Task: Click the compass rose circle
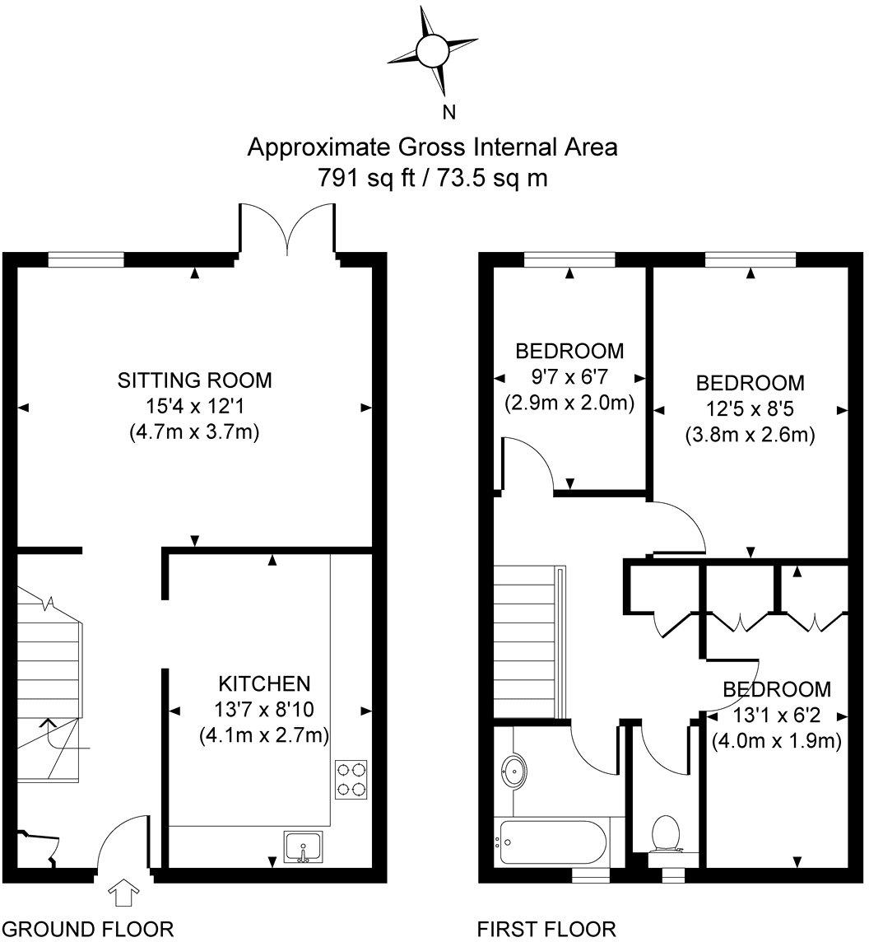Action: pyautogui.click(x=432, y=51)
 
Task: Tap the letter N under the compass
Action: pyautogui.click(x=448, y=112)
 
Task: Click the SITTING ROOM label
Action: pyautogui.click(x=194, y=380)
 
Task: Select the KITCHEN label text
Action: pyautogui.click(x=264, y=683)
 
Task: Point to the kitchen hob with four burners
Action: pyautogui.click(x=351, y=779)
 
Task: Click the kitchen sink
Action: pyautogui.click(x=304, y=847)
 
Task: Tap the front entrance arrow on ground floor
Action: pyautogui.click(x=124, y=893)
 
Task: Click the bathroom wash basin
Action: pyautogui.click(x=513, y=770)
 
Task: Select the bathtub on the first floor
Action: pyautogui.click(x=552, y=842)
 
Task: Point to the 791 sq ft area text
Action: pyautogui.click(x=365, y=178)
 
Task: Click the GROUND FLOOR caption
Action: pyautogui.click(x=92, y=929)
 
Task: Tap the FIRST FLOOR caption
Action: pyautogui.click(x=546, y=929)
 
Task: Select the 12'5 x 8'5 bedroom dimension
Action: pyautogui.click(x=750, y=409)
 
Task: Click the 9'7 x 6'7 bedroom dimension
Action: pyautogui.click(x=569, y=376)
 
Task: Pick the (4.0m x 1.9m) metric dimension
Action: pyautogui.click(x=777, y=741)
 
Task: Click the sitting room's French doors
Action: pyautogui.click(x=288, y=228)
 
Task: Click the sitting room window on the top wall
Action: pyautogui.click(x=86, y=259)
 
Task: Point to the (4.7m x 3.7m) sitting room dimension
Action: pyautogui.click(x=194, y=432)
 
